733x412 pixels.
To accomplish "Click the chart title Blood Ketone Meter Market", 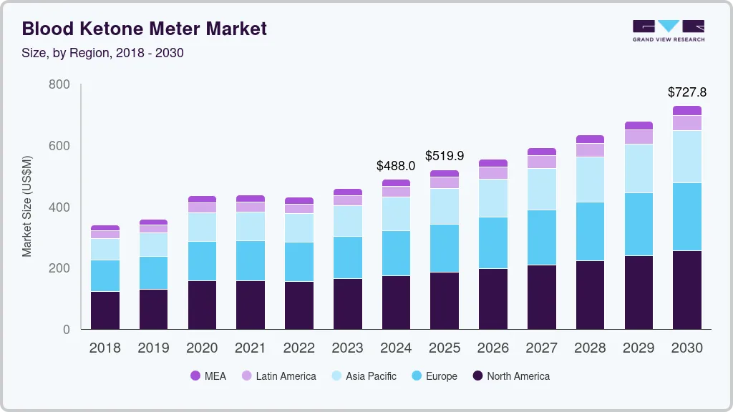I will click(144, 29).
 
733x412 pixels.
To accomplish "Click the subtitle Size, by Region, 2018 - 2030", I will click(103, 53).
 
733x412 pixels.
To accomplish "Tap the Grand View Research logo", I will click(668, 30).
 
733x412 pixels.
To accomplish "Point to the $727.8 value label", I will click(686, 92).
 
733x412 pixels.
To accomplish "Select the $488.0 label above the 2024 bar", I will click(396, 166).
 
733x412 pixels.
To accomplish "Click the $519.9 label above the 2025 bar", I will click(445, 156).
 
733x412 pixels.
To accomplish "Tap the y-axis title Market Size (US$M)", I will click(27, 206).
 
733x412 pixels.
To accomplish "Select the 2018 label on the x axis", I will click(105, 348).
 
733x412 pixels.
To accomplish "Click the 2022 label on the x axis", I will click(298, 348).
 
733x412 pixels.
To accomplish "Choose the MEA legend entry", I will click(208, 376).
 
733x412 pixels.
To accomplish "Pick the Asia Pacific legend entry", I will click(363, 376).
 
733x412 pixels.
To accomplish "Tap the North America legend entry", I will click(510, 376).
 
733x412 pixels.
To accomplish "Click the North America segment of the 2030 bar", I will click(687, 290).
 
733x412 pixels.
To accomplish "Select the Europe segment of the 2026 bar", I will click(493, 242).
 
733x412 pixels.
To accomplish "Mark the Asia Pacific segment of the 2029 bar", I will click(639, 168).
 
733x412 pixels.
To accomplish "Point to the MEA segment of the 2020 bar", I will click(202, 199).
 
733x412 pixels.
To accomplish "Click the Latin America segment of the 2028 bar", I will click(590, 149).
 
